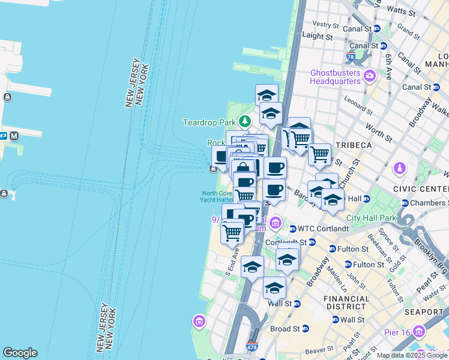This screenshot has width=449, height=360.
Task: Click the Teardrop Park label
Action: pyautogui.click(x=209, y=122)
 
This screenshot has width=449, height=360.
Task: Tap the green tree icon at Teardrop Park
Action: pyautogui.click(x=244, y=122)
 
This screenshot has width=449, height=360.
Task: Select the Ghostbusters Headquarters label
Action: pyautogui.click(x=336, y=77)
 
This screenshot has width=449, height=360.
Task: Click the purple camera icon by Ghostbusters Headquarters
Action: pyautogui.click(x=369, y=76)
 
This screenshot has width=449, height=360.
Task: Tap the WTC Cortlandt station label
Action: pyautogui.click(x=324, y=229)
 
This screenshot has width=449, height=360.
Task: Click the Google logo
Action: pyautogui.click(x=20, y=353)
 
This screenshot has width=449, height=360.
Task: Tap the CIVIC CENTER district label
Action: pyautogui.click(x=421, y=188)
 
